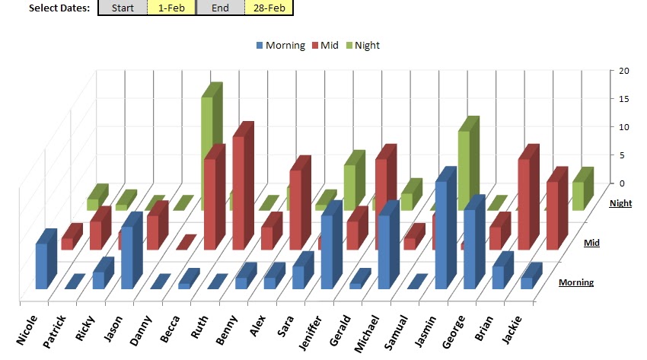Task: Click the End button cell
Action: click(x=220, y=8)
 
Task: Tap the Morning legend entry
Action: click(x=281, y=45)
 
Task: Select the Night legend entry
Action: click(x=362, y=45)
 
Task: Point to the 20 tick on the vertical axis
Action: click(x=623, y=71)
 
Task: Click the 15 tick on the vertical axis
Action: click(x=623, y=99)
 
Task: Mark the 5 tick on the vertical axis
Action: click(x=623, y=155)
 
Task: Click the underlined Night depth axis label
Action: click(x=620, y=203)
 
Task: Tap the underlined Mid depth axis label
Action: click(x=591, y=243)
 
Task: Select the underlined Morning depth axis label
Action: click(x=576, y=283)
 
